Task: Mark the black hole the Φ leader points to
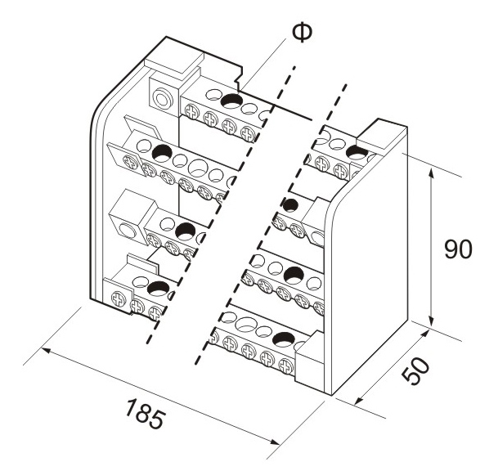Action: coord(231,102)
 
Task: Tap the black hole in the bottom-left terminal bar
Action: coord(157,288)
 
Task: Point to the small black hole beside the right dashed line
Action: coord(288,204)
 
